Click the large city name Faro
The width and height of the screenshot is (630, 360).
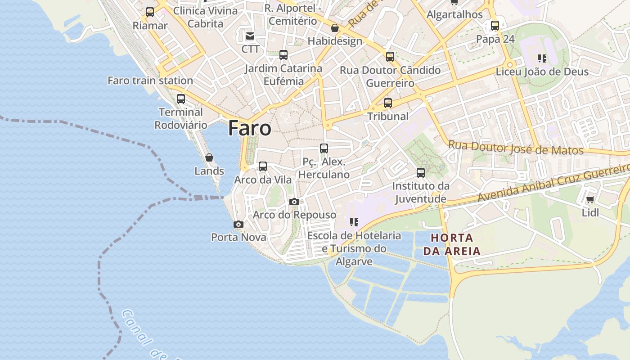249,128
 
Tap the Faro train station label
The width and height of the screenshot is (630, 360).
150,81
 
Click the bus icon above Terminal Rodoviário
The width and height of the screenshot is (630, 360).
181,99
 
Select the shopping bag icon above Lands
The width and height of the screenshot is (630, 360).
209,157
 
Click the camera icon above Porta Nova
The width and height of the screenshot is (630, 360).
238,224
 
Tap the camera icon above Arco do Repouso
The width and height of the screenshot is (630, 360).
294,202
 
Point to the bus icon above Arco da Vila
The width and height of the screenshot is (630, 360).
263,166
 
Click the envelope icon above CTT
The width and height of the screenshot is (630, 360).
250,36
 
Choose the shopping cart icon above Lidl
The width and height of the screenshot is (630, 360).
590,199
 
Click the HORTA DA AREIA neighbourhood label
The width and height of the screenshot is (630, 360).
452,244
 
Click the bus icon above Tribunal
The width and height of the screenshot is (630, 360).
388,103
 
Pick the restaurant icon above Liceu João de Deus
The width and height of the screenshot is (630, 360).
542,58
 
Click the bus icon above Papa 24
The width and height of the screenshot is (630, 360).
495,26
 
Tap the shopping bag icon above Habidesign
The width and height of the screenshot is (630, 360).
335,28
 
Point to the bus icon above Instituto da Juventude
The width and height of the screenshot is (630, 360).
421,173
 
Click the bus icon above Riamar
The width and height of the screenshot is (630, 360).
150,12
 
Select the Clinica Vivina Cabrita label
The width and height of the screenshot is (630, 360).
205,17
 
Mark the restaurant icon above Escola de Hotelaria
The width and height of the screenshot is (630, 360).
354,222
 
